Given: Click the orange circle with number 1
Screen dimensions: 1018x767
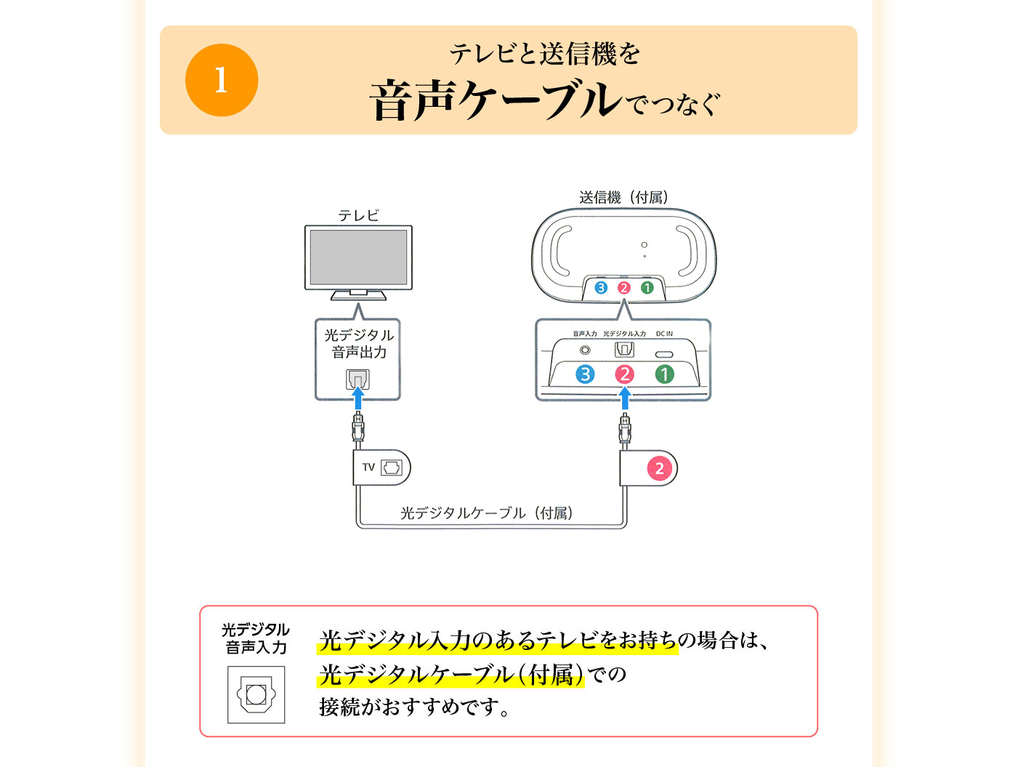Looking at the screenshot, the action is (x=221, y=80).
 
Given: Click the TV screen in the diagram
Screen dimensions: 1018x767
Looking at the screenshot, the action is (x=358, y=257).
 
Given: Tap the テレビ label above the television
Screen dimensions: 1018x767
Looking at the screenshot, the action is (x=358, y=215).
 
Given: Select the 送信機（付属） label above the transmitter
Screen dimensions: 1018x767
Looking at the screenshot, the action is (x=623, y=198).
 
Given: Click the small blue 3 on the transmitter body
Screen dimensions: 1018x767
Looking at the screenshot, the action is (x=601, y=288).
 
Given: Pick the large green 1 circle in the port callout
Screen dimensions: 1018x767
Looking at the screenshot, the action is (x=664, y=374).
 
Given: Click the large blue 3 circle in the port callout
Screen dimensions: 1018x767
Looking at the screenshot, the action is (x=585, y=374).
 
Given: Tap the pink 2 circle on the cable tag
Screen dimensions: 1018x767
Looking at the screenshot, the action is (x=659, y=468).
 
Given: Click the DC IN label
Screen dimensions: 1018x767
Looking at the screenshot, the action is (x=664, y=334).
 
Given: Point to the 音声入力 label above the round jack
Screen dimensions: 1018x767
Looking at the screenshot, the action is (x=584, y=334).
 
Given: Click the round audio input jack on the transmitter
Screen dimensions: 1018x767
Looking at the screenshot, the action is (x=585, y=350).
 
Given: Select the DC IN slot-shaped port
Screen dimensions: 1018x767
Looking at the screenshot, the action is (x=663, y=355).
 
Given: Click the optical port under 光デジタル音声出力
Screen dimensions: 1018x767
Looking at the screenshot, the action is (x=357, y=379).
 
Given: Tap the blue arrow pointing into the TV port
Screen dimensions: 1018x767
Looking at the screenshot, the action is (x=357, y=398).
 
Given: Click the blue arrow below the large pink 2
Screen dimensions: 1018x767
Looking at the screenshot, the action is (x=625, y=398).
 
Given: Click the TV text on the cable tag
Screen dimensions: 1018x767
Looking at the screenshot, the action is (x=368, y=467).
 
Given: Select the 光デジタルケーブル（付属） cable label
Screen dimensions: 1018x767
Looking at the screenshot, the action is (x=487, y=513).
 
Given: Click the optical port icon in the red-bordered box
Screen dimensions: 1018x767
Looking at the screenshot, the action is (x=256, y=694).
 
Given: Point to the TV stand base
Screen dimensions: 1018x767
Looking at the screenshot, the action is (x=358, y=296).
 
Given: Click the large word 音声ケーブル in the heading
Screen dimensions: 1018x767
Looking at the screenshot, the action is (x=496, y=100).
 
